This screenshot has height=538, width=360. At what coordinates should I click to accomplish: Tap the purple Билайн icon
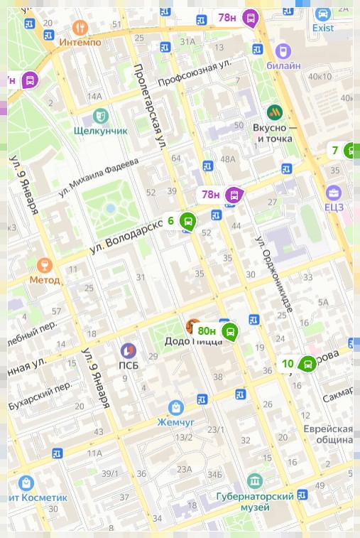click(283, 50)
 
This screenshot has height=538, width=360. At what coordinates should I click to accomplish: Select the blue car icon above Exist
click(323, 14)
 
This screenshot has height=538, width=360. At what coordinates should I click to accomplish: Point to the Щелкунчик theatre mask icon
click(100, 115)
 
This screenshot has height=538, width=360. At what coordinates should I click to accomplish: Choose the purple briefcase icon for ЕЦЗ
click(334, 192)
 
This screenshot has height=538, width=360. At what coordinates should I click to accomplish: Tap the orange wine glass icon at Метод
click(44, 264)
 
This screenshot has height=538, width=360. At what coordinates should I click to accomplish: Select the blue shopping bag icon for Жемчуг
click(175, 407)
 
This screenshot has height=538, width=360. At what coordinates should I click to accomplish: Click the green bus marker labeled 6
click(187, 222)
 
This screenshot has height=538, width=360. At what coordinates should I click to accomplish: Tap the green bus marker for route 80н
click(229, 331)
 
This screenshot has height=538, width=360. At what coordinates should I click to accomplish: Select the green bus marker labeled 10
click(307, 364)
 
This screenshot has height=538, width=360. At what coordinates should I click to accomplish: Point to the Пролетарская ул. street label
click(150, 107)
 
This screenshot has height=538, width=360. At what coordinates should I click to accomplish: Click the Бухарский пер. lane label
click(40, 395)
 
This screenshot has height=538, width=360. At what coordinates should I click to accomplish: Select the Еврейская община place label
click(328, 434)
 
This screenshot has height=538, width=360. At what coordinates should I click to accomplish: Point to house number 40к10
click(320, 77)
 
